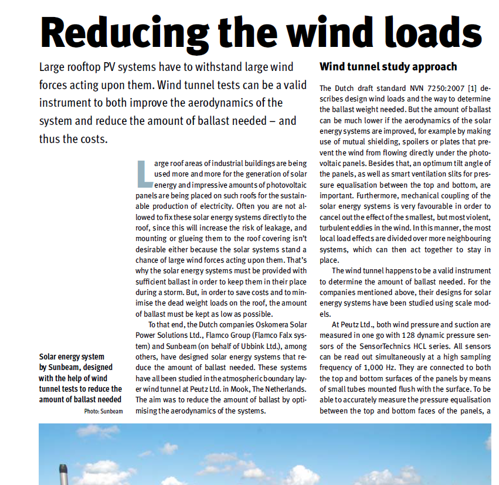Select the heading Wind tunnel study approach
[x=388, y=66]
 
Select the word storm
[x=185, y=292]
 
